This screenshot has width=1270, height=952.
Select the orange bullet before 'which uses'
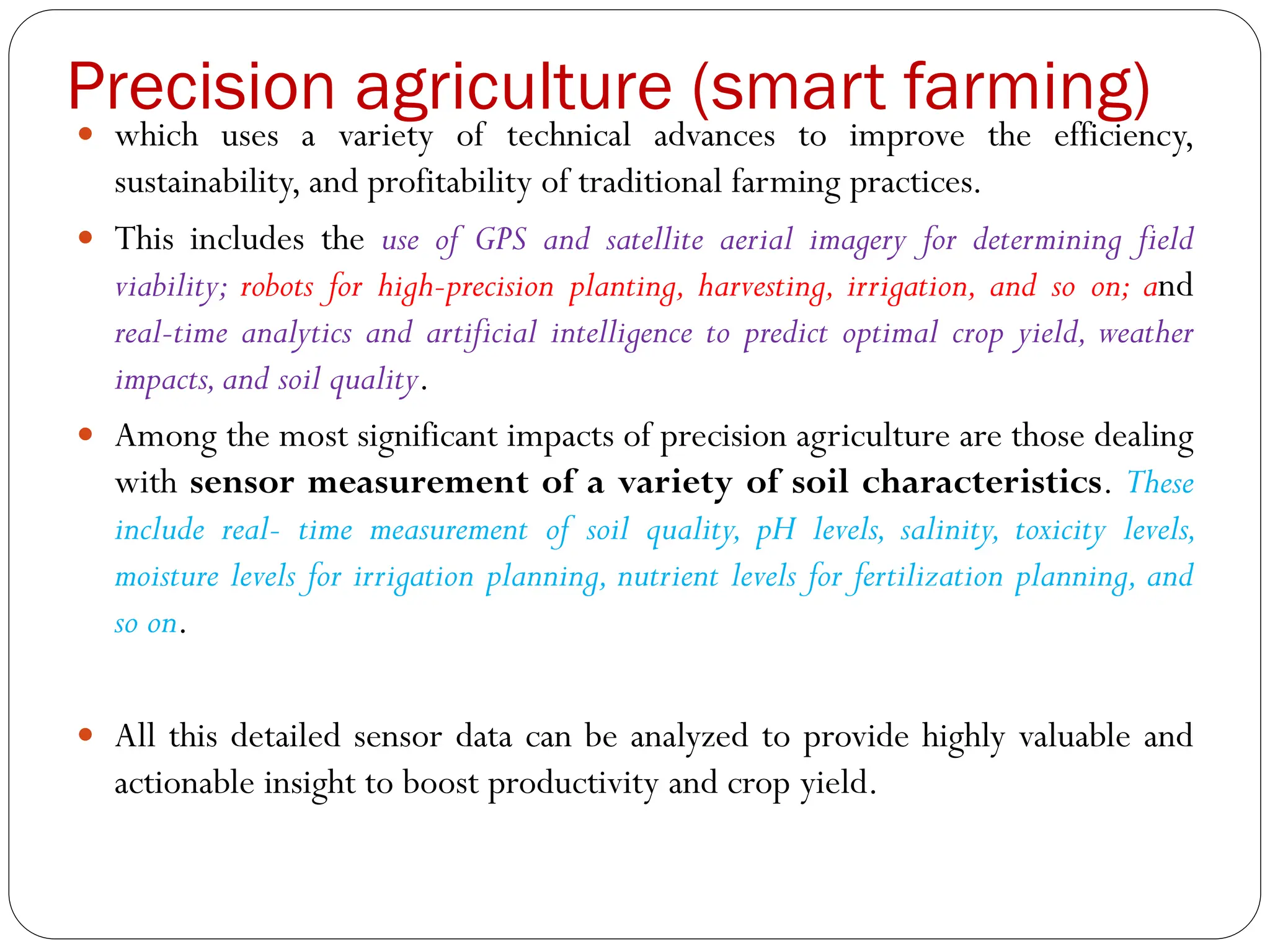coord(86,133)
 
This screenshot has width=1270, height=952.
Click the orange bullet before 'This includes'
coord(86,237)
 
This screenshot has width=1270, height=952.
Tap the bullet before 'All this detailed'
coord(86,734)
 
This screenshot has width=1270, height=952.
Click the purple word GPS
coord(501,240)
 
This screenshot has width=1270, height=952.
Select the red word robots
coord(277,287)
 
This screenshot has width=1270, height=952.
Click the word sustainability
coord(206,183)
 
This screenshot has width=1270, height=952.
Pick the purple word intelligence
coord(621,334)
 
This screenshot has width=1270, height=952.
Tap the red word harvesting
coord(765,287)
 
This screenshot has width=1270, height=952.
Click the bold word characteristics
coord(981,482)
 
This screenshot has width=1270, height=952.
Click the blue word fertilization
coord(928,577)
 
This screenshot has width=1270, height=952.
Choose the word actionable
coord(184,782)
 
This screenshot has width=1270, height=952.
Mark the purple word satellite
coord(655,240)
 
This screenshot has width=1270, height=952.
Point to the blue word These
coord(1160,482)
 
